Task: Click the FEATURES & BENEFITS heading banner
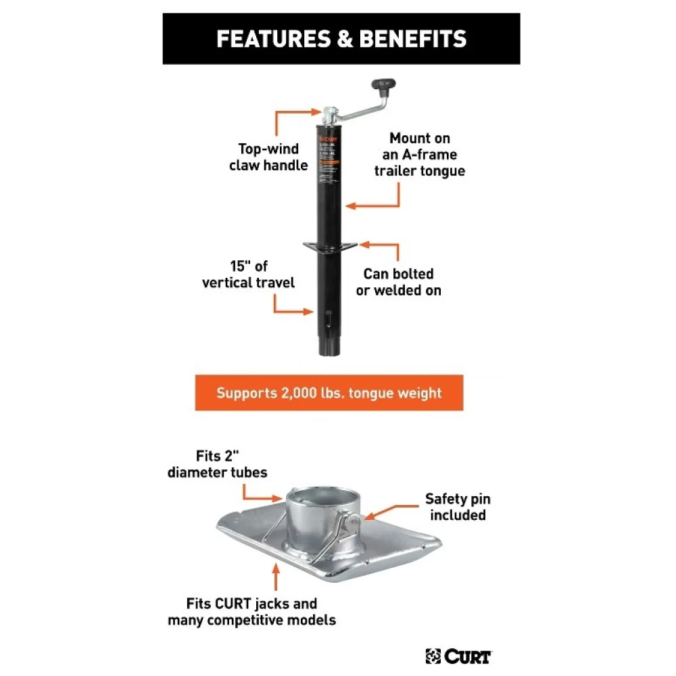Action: (x=341, y=39)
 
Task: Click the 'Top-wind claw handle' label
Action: (x=268, y=157)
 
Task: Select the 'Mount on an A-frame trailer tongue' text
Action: (x=420, y=155)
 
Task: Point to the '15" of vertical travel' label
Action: (x=249, y=274)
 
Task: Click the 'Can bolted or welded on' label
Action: (x=399, y=282)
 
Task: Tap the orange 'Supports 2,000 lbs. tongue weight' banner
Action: (x=329, y=393)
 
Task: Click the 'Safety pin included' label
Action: (x=458, y=507)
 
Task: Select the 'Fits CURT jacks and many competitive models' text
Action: (x=252, y=611)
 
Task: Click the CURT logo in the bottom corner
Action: (x=459, y=656)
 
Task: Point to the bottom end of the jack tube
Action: (x=331, y=348)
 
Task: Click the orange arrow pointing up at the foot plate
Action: (x=275, y=576)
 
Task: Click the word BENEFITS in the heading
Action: (x=413, y=39)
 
